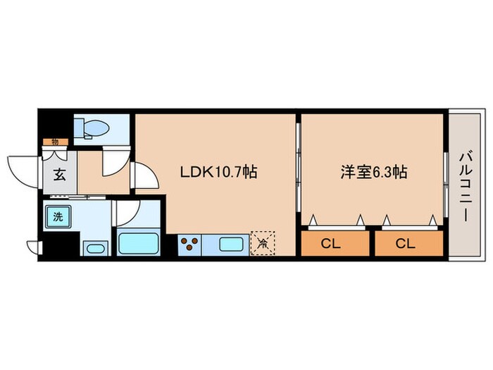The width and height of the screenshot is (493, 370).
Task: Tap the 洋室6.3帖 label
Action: pyautogui.click(x=374, y=171)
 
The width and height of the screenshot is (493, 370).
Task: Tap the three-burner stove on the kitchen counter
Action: pyautogui.click(x=189, y=245)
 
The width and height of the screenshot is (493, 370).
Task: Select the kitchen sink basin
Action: pyautogui.click(x=232, y=245)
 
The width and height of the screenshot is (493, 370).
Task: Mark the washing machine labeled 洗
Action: pyautogui.click(x=58, y=216)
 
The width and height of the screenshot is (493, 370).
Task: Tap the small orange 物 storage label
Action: pyautogui.click(x=54, y=142)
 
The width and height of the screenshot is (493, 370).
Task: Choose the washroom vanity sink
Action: pyautogui.click(x=94, y=248)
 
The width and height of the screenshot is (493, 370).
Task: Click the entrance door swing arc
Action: pyautogui.click(x=21, y=169)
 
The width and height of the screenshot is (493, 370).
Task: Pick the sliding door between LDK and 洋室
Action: pyautogui.click(x=299, y=170)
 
